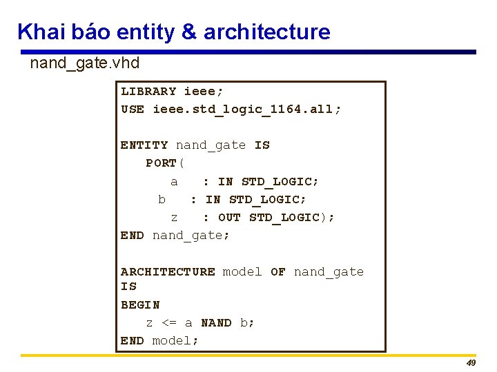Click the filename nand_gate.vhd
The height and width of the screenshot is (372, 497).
pyautogui.click(x=85, y=64)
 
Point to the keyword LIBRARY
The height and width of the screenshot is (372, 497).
pyautogui.click(x=148, y=91)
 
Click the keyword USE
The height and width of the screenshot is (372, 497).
pyautogui.click(x=133, y=109)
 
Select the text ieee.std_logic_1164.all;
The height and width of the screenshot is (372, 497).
pyautogui.click(x=246, y=109)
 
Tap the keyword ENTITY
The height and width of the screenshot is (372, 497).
pyautogui.click(x=144, y=145)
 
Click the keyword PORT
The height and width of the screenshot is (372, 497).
pyautogui.click(x=161, y=163)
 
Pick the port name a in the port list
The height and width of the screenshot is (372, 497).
pyautogui.click(x=174, y=181)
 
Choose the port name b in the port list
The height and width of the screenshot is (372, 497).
pyautogui.click(x=162, y=199)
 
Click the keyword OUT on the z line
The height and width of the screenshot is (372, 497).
pyautogui.click(x=229, y=217)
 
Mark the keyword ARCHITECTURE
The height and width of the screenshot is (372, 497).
pyautogui.click(x=168, y=271)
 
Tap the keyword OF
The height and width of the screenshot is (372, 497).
pyautogui.click(x=278, y=271)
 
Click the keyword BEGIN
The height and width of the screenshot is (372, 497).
pyautogui.click(x=140, y=304)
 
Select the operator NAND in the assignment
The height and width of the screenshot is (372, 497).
pyautogui.click(x=216, y=322)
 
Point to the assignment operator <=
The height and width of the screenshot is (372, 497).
pyautogui.click(x=169, y=322)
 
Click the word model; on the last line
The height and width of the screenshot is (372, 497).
pyautogui.click(x=175, y=340)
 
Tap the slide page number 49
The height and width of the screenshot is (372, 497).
pyautogui.click(x=471, y=363)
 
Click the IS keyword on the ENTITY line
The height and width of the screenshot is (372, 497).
pyautogui.click(x=262, y=145)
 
